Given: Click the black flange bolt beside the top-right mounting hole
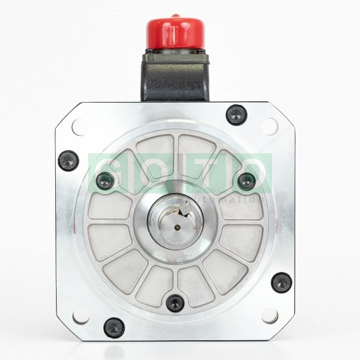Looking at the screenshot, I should click(x=236, y=116).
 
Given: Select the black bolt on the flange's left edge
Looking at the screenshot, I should click(x=68, y=161).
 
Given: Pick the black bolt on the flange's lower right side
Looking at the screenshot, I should click(x=281, y=282).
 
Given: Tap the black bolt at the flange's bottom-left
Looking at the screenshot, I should click(x=113, y=327).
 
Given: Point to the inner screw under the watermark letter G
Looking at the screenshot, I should click(x=105, y=182).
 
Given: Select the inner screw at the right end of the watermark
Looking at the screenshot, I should click(x=245, y=182).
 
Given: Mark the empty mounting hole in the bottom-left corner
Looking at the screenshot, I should click(x=80, y=315).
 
